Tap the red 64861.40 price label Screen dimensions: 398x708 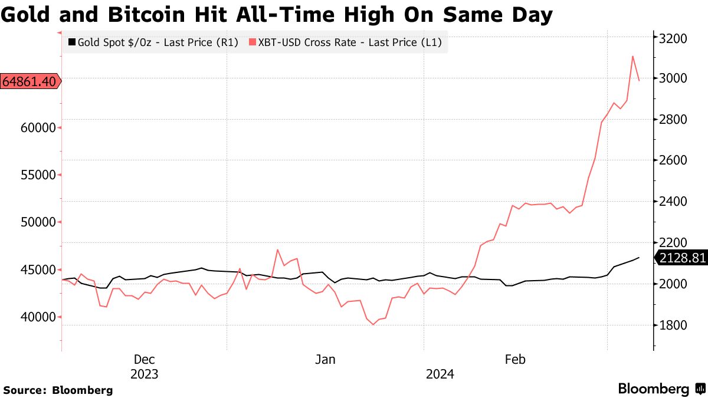[29, 81]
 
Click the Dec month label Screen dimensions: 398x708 [144, 359]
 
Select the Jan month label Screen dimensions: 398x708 [325, 359]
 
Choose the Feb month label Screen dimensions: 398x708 [515, 359]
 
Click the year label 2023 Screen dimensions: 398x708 [144, 374]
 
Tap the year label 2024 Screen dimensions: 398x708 [440, 374]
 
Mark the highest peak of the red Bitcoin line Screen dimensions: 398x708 [632, 57]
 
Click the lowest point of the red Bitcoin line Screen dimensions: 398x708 [373, 324]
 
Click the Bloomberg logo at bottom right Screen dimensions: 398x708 [661, 389]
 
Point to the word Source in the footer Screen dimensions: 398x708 [24, 390]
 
